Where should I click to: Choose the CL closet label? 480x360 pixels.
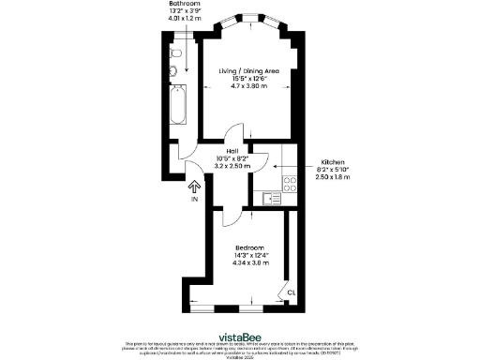point(292,292)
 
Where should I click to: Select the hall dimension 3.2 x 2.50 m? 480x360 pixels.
point(232,166)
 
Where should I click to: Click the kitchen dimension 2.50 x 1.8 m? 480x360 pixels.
point(334,176)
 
